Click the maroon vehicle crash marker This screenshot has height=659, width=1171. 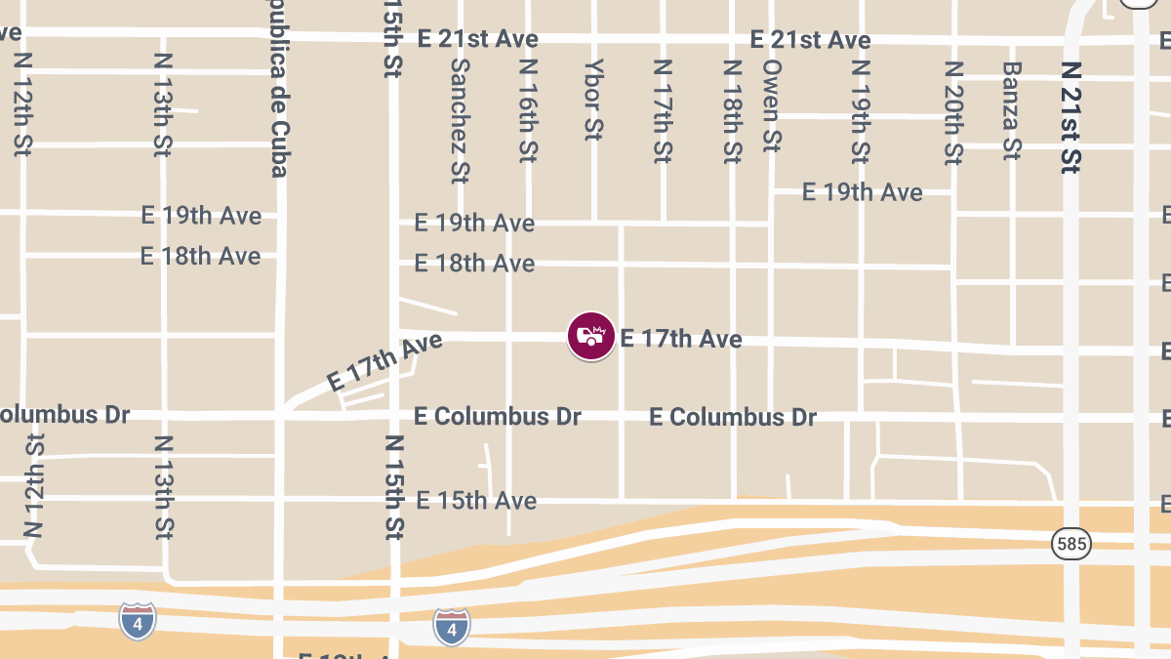pyautogui.click(x=591, y=336)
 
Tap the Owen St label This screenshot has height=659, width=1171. pyautogui.click(x=772, y=105)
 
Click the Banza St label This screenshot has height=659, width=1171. pyautogui.click(x=1012, y=110)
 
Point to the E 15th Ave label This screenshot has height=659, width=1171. pyautogui.click(x=476, y=501)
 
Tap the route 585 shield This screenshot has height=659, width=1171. pyautogui.click(x=1070, y=545)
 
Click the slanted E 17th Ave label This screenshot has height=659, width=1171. pyautogui.click(x=384, y=361)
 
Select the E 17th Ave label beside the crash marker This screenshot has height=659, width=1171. pyautogui.click(x=681, y=340)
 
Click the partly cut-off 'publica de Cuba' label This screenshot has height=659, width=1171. pyautogui.click(x=279, y=98)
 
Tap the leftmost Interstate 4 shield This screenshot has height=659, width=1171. pyautogui.click(x=138, y=621)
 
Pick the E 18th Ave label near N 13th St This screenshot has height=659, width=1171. pyautogui.click(x=201, y=256)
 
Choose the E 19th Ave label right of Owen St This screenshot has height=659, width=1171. pyautogui.click(x=862, y=192)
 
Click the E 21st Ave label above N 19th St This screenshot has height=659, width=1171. pyautogui.click(x=810, y=40)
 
